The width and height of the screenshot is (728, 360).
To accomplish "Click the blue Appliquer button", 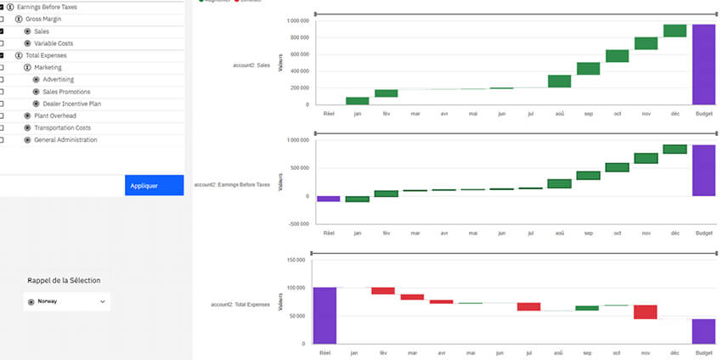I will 154,185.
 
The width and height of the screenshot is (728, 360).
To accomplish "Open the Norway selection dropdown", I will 67,301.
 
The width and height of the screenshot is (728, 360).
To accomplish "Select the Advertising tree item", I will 59,80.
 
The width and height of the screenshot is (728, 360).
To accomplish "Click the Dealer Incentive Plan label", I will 72,104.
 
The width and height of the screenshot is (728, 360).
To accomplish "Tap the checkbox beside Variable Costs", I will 3,43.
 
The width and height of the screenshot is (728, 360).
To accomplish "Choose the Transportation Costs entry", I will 62,127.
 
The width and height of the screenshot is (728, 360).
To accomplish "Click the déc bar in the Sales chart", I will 674,31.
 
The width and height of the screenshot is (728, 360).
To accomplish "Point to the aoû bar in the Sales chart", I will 559,82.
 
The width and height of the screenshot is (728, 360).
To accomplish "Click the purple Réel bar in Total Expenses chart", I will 325,315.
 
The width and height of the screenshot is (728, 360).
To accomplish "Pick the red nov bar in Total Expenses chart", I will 646,312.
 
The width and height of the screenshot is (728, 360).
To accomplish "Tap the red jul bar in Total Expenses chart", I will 529,307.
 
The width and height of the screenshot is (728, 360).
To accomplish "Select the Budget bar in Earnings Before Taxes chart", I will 703,170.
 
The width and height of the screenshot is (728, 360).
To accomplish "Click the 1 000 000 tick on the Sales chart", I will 296,20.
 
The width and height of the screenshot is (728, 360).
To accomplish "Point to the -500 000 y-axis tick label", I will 296,224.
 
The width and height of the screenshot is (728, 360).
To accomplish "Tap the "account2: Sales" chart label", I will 252,65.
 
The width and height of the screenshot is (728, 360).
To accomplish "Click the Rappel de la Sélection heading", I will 66,280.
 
